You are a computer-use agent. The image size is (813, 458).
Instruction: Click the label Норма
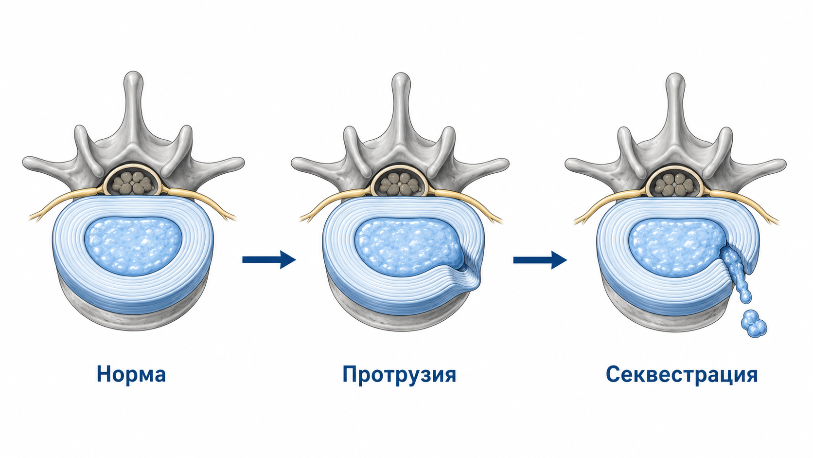click(131, 374)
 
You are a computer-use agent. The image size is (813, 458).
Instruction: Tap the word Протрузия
click(399, 375)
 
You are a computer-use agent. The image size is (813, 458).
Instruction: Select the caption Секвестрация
click(681, 375)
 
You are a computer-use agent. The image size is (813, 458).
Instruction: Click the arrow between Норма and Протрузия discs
click(269, 259)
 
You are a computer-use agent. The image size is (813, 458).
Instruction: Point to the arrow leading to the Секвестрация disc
click(540, 260)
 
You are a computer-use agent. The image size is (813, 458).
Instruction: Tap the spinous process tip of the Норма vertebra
click(133, 77)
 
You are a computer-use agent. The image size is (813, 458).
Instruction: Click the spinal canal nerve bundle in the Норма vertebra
click(131, 183)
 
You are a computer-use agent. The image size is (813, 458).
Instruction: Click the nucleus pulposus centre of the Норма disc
click(133, 246)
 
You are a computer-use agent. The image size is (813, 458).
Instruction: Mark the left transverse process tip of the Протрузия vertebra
click(296, 163)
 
